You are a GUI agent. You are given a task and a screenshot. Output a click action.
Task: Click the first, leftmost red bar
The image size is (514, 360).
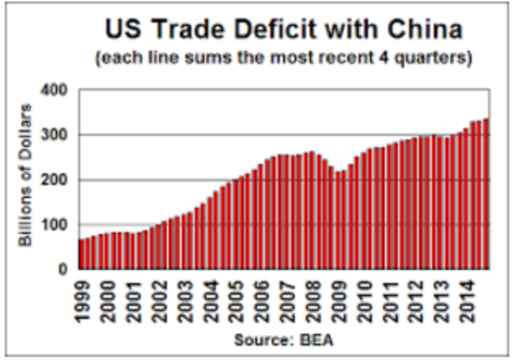point(81,254)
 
